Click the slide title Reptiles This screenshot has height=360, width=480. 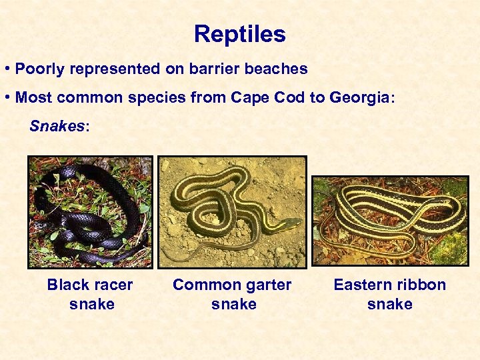240,34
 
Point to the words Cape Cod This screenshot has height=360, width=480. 261,98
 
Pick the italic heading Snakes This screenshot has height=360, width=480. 57,127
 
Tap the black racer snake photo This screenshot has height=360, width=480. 90,212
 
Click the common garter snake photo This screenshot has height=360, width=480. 232,212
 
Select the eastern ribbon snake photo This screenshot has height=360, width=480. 390,221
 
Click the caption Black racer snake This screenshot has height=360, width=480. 90,294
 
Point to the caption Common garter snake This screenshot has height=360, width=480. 232,294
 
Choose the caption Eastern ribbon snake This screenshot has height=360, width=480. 390,294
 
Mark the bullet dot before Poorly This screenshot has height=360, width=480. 6,69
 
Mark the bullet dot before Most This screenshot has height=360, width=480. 6,98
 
